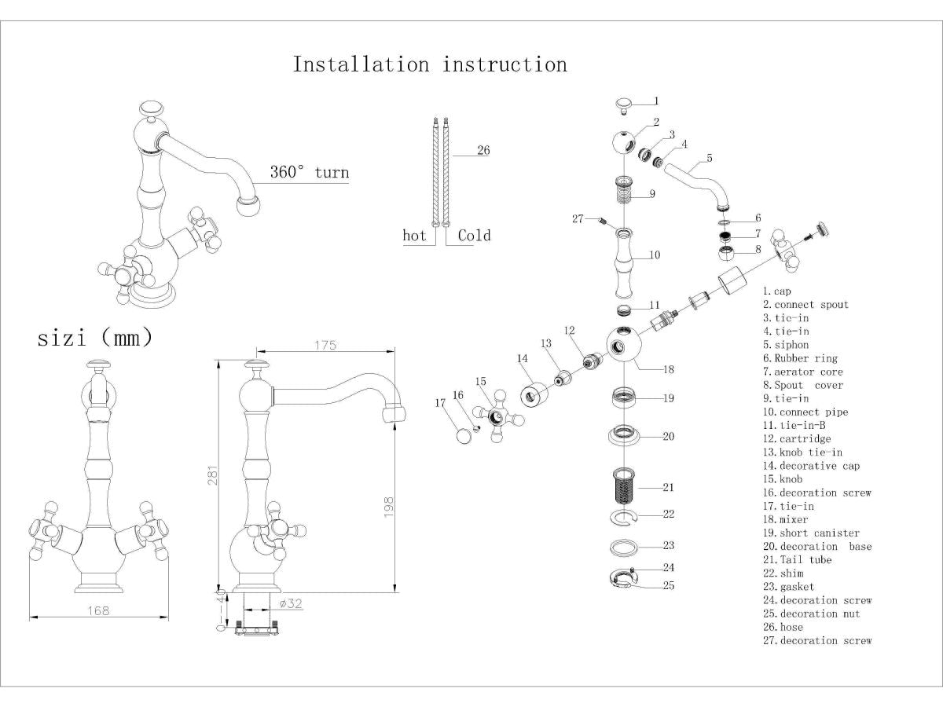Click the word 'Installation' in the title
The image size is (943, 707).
pyautogui.click(x=361, y=64)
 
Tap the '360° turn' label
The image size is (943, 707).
pyautogui.click(x=310, y=173)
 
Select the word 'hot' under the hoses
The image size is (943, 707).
pyautogui.click(x=414, y=236)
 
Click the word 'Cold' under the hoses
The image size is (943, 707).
pyautogui.click(x=474, y=236)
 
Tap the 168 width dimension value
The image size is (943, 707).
pyautogui.click(x=98, y=610)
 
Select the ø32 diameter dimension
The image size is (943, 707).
pyautogui.click(x=291, y=604)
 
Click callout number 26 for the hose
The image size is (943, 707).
pyautogui.click(x=483, y=150)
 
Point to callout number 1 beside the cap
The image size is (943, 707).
pyautogui.click(x=656, y=101)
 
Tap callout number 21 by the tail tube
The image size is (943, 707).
pyautogui.click(x=668, y=488)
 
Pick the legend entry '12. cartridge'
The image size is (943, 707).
pyautogui.click(x=796, y=439)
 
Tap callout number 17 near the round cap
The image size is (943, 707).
pyautogui.click(x=440, y=403)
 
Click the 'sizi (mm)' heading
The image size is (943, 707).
pyautogui.click(x=95, y=339)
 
